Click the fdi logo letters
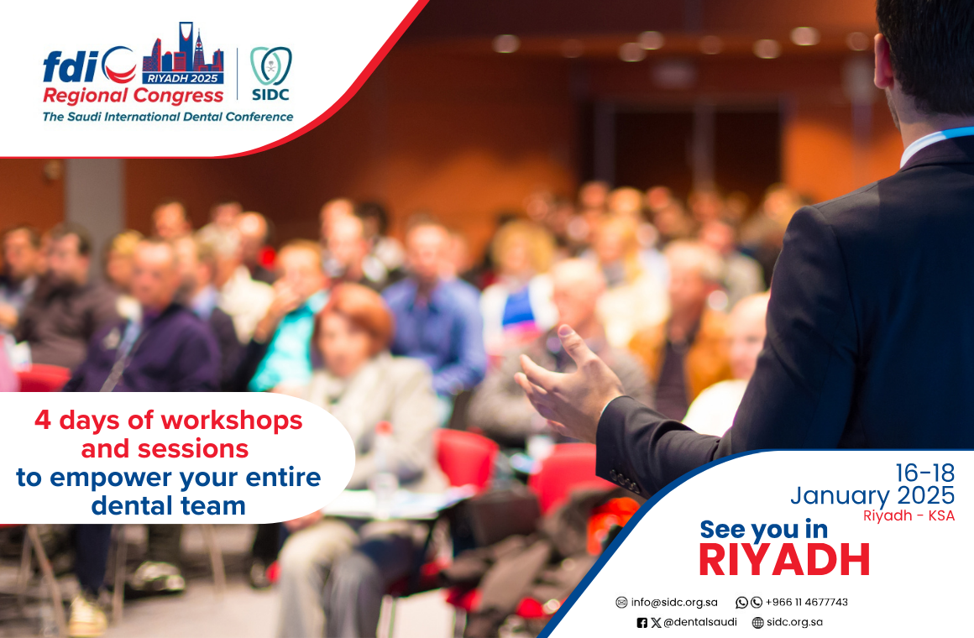click(x=71, y=66)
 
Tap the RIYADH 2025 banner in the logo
click(x=183, y=78)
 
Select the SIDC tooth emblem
click(x=271, y=65)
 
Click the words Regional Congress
click(x=133, y=96)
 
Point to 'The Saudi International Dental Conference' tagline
click(x=168, y=116)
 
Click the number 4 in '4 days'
click(x=42, y=420)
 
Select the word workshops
click(x=232, y=421)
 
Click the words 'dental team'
click(x=168, y=505)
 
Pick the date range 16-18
click(x=924, y=473)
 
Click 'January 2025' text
click(x=872, y=496)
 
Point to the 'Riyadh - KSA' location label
click(x=909, y=515)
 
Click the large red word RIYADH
click(x=784, y=560)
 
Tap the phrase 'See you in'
click(x=763, y=530)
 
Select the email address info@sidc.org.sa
click(x=674, y=602)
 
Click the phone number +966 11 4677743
click(x=806, y=602)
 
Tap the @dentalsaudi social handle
click(x=700, y=622)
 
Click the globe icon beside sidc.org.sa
click(x=758, y=622)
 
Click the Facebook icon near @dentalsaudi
click(x=642, y=622)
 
